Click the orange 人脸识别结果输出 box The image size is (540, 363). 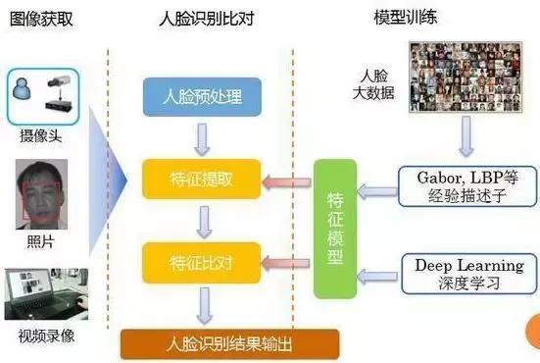point(229,343)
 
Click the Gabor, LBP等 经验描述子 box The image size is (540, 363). point(464,182)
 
